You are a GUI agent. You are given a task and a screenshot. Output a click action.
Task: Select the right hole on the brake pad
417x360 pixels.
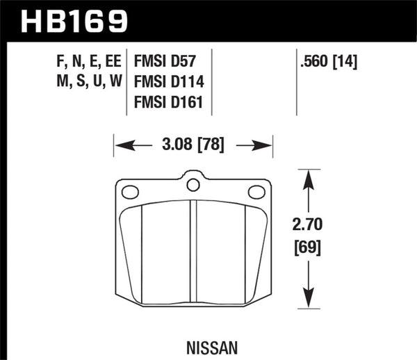click(x=255, y=192)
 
